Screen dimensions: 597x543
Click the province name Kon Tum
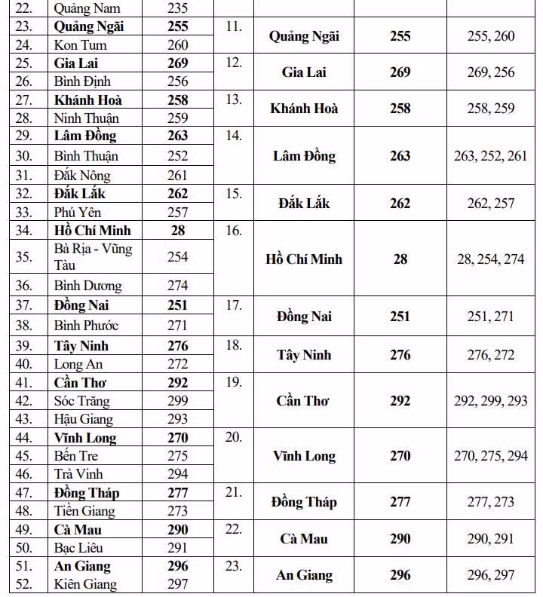point(80,45)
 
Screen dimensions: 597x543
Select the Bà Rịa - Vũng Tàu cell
point(93,256)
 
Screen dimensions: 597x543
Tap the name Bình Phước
point(86,326)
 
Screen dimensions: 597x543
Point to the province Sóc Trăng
point(81,401)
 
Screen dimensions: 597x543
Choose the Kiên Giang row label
point(85,584)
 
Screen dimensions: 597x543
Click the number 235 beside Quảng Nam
point(177,9)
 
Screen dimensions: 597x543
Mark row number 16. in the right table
point(234,231)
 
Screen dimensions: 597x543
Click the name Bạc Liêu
point(79,548)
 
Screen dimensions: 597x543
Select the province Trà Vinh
point(78,474)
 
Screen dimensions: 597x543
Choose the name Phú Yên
point(78,213)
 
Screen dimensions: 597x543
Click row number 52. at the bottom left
point(23,584)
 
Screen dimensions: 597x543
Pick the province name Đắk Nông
point(82,176)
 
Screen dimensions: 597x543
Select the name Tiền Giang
point(84,511)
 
